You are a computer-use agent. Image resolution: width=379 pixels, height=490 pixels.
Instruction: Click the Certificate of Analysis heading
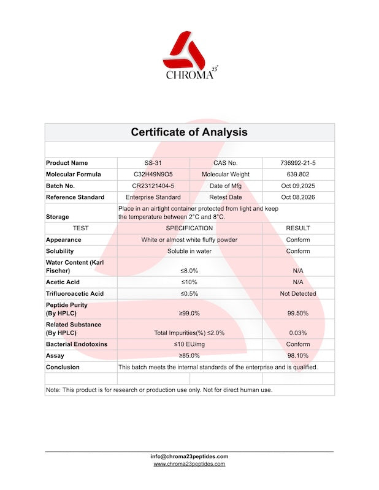[189, 132]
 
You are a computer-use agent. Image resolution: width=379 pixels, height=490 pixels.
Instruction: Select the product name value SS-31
[153, 163]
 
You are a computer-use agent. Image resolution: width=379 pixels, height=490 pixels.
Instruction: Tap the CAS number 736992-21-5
[298, 163]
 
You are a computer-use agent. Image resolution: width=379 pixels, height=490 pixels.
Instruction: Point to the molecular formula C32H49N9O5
[153, 175]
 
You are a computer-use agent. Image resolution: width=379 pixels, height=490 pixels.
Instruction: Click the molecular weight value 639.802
[298, 175]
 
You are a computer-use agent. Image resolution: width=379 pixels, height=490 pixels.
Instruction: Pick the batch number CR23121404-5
[153, 186]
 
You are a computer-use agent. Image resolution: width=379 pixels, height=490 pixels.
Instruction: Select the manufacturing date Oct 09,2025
[298, 186]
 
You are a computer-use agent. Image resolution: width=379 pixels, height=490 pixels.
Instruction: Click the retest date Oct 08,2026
[298, 197]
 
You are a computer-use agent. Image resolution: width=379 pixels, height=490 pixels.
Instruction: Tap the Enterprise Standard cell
[153, 197]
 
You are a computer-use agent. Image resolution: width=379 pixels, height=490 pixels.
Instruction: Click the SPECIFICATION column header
[189, 228]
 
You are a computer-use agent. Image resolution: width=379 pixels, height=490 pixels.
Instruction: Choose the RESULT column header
[298, 228]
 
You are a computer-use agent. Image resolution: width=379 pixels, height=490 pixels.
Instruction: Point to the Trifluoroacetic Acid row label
[75, 293]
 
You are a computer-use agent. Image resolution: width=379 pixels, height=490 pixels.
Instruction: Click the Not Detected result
[298, 293]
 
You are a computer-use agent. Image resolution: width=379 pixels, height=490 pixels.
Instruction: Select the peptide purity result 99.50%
[298, 313]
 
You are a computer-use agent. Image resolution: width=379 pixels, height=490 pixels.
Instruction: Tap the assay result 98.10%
[298, 356]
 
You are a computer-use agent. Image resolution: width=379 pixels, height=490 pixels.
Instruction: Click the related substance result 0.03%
[298, 333]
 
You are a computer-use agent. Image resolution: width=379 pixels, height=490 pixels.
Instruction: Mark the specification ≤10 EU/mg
[189, 344]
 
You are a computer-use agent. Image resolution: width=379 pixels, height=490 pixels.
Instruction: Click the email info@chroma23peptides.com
[189, 456]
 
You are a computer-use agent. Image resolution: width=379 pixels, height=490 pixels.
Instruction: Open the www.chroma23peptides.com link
[189, 464]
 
